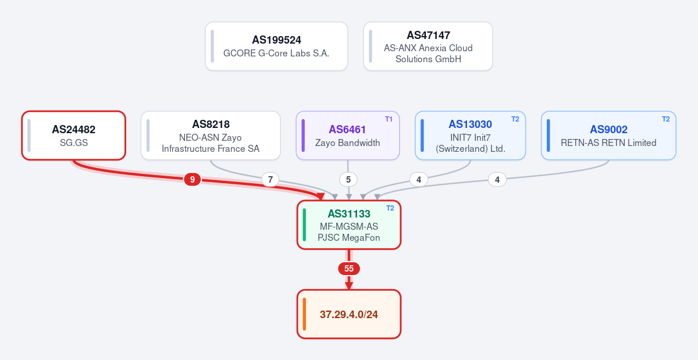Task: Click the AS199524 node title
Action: [276, 40]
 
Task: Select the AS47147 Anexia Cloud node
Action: [428, 46]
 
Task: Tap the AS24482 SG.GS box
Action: [73, 136]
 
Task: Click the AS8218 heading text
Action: [211, 124]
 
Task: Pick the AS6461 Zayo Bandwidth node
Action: [348, 136]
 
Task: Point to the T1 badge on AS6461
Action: [389, 119]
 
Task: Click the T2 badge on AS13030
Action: [515, 119]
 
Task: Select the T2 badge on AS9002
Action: [665, 119]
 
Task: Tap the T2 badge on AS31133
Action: [390, 208]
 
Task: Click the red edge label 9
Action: [193, 180]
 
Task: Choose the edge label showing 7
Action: [270, 180]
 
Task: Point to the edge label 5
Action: [348, 180]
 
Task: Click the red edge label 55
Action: [348, 268]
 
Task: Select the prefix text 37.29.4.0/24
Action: [348, 315]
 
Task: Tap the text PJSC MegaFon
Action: [348, 237]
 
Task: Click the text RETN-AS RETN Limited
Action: [608, 142]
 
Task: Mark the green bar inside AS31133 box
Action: [304, 224]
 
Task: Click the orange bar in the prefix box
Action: [304, 314]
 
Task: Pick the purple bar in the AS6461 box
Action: [303, 136]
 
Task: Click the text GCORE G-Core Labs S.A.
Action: [276, 54]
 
